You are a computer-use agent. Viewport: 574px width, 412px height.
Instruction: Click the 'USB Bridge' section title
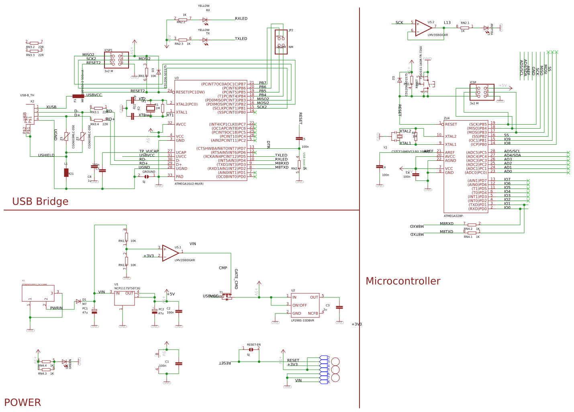coord(40,201)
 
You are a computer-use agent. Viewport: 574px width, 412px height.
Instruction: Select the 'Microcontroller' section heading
coord(402,281)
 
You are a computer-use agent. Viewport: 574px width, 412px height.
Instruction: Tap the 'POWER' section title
coord(22,402)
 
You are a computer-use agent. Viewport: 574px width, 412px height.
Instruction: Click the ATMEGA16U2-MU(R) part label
coord(189,184)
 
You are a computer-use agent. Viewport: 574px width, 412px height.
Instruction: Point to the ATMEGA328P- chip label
coord(453,216)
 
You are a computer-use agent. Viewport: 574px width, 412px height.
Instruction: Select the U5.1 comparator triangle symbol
coord(170,253)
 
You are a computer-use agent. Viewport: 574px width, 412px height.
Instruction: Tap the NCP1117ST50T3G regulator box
coord(124,298)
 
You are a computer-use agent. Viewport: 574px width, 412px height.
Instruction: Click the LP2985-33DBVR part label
coord(302,320)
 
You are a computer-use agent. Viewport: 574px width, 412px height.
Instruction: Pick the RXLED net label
coord(241,18)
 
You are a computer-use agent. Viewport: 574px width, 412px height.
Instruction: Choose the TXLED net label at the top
coord(241,39)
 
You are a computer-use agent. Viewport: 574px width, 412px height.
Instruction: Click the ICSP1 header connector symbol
coord(116,60)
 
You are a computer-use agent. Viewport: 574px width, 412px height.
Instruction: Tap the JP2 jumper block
coord(281,41)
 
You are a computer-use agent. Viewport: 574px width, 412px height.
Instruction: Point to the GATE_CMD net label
coord(236,279)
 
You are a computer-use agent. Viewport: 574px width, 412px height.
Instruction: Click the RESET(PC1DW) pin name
coord(190,92)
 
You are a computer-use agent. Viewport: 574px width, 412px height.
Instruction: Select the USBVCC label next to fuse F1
coord(94,95)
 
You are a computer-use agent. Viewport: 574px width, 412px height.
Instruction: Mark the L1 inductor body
coord(66,172)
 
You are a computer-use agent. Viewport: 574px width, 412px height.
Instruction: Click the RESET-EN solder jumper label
coord(253,344)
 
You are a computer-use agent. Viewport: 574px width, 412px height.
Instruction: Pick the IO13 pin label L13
coord(447,23)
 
